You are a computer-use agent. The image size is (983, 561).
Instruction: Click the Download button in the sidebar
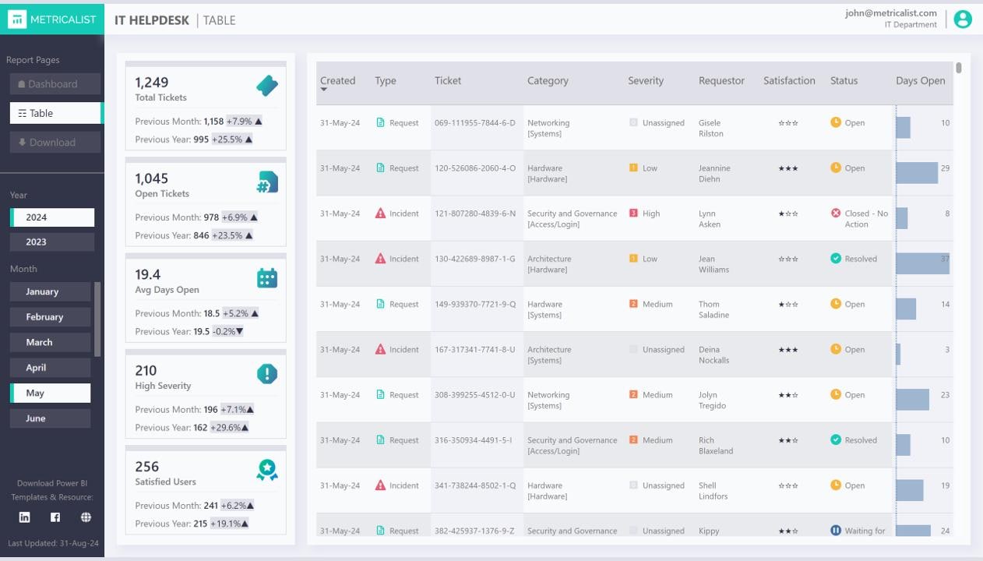(55, 143)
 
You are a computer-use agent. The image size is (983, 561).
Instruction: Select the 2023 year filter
(52, 242)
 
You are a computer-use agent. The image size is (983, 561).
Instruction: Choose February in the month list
(50, 317)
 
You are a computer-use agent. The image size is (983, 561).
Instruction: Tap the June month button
(50, 418)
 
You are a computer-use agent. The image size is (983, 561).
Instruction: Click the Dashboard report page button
(55, 84)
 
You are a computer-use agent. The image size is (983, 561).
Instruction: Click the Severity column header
(646, 81)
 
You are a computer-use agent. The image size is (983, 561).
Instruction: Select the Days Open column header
(920, 81)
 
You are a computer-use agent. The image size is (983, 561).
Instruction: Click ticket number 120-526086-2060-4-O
(475, 168)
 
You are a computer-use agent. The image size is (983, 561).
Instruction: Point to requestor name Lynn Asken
(709, 219)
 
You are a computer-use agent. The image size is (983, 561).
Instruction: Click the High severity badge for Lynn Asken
(646, 213)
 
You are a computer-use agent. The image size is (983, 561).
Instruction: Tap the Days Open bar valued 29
(917, 173)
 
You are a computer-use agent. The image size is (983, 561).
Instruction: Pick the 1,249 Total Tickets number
(152, 83)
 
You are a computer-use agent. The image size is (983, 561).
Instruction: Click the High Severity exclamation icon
(267, 374)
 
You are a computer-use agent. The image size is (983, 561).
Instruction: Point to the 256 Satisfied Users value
(147, 467)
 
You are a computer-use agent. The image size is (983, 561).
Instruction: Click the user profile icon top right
(963, 19)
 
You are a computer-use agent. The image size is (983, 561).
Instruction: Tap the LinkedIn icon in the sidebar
(25, 517)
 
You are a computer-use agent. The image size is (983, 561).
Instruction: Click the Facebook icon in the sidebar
(55, 517)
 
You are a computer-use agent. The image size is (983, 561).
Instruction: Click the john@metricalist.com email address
(891, 13)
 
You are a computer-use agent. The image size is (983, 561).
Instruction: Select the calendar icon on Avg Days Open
(267, 278)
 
